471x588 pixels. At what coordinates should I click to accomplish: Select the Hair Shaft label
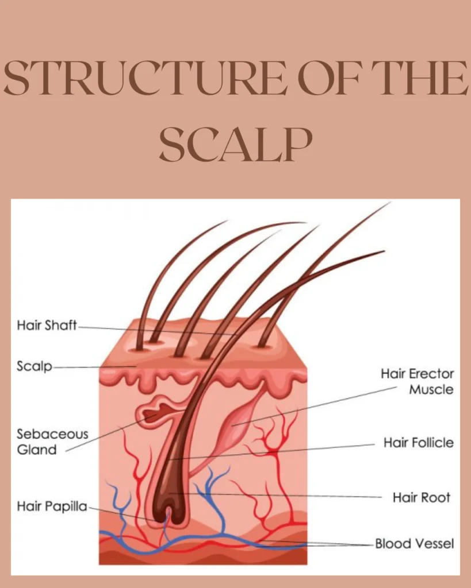coord(47,326)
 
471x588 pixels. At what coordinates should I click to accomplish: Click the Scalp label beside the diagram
coord(34,366)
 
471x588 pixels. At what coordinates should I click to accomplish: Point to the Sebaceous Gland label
coord(52,442)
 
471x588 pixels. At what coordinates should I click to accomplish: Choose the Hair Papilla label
coord(52,506)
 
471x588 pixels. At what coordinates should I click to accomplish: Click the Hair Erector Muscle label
coord(417,381)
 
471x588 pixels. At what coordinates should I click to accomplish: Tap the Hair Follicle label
coord(418,443)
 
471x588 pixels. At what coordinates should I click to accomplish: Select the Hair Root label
coord(422,497)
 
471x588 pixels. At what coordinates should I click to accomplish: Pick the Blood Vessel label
coord(414,543)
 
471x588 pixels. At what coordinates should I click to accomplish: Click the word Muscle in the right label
coord(431,389)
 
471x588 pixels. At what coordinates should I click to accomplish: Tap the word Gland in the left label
coord(37,450)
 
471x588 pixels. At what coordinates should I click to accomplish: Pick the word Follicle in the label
coord(432,443)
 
